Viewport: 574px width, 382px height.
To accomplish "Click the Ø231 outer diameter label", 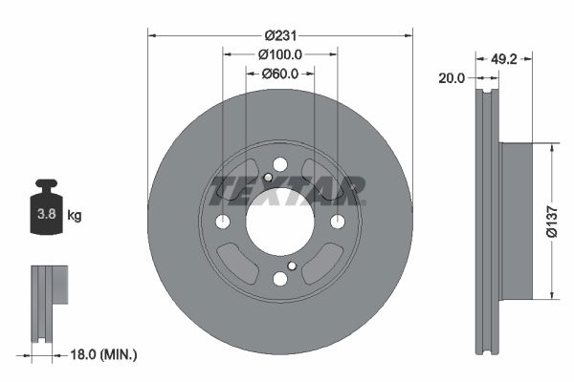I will [x=280, y=35].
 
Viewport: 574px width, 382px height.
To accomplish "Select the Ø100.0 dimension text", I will [x=280, y=54].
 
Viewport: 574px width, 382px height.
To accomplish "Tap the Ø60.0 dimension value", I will [x=280, y=74].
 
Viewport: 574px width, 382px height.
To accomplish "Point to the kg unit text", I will [x=75, y=216].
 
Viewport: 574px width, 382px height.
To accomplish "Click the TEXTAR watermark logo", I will [x=287, y=190].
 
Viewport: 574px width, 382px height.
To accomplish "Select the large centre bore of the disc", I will [x=280, y=222].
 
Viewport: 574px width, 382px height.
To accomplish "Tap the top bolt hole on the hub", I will [x=280, y=164].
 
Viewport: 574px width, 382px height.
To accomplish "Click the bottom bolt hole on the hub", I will [x=280, y=279].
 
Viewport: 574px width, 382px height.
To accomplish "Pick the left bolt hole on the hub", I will [x=223, y=222].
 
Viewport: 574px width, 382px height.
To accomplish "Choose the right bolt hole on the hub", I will [x=338, y=222].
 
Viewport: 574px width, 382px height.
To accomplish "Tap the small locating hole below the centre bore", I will [x=292, y=265].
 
